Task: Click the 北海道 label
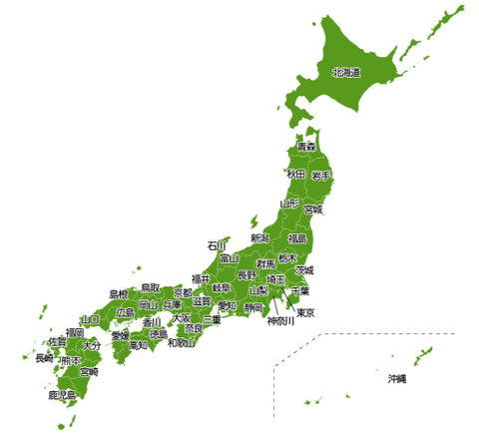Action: coord(346,73)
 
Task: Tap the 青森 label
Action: coord(306,147)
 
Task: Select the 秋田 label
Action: coord(295,174)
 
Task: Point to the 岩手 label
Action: coord(321,176)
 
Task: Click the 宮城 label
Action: coord(313,210)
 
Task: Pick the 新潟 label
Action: coord(259,238)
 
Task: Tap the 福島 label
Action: coord(297,238)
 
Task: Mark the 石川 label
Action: coord(218,244)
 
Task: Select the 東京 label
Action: coord(306,313)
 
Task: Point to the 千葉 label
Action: coord(300,291)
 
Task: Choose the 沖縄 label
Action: coord(398,380)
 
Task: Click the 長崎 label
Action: coord(44,357)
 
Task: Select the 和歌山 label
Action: coord(182,343)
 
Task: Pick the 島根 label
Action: coord(118,294)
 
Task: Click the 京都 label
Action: coord(183,293)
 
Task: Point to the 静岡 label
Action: coord(253,308)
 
